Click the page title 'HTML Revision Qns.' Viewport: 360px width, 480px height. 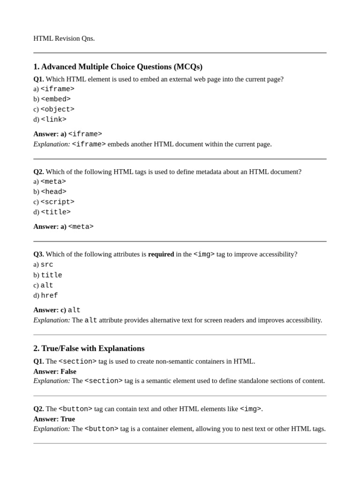pyautogui.click(x=64, y=38)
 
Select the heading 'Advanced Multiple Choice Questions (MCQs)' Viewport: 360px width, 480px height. pyautogui.click(x=122, y=67)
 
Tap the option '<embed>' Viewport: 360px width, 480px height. pyautogui.click(x=55, y=99)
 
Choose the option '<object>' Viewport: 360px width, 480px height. pyautogui.click(x=57, y=109)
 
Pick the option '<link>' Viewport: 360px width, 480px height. pyautogui.click(x=53, y=120)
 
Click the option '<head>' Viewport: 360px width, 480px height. pyautogui.click(x=53, y=192)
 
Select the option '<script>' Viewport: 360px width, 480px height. pyautogui.click(x=57, y=202)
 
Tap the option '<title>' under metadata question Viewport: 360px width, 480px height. pyautogui.click(x=55, y=212)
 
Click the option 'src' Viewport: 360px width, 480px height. pyautogui.click(x=47, y=265)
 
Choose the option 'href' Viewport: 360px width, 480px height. pyautogui.click(x=49, y=296)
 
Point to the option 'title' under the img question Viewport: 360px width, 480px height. pyautogui.click(x=51, y=275)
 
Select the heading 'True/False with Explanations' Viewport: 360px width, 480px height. pyautogui.click(x=93, y=348)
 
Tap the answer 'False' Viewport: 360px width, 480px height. pyautogui.click(x=68, y=371)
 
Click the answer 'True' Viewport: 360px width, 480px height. pyautogui.click(x=67, y=419)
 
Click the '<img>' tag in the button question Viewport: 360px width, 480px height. pyautogui.click(x=250, y=409)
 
